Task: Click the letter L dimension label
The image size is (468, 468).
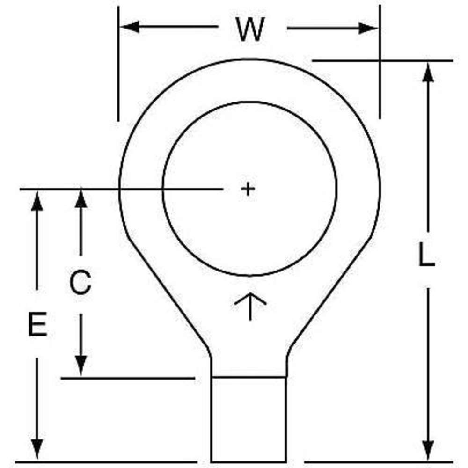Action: click(x=426, y=254)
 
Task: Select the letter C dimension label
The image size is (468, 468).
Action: click(x=80, y=282)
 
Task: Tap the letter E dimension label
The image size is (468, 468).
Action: click(x=37, y=324)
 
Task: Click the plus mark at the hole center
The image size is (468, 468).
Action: click(x=248, y=189)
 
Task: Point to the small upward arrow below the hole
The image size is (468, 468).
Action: click(x=250, y=307)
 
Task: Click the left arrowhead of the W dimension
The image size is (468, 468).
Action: click(x=130, y=27)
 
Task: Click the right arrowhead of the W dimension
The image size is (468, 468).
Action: click(x=368, y=29)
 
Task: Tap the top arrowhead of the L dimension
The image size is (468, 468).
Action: click(x=428, y=72)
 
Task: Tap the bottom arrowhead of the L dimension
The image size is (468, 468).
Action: click(x=428, y=451)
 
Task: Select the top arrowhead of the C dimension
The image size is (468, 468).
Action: click(x=80, y=198)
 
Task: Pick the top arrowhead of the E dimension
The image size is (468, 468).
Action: click(x=37, y=201)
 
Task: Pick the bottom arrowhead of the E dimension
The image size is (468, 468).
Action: click(x=37, y=449)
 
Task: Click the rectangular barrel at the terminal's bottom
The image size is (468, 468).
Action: click(x=249, y=420)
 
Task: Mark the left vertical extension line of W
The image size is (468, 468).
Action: click(x=118, y=64)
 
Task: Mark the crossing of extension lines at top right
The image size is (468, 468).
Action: click(x=380, y=60)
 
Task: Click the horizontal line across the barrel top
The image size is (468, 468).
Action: click(x=249, y=377)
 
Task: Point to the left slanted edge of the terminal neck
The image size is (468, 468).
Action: click(x=168, y=292)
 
